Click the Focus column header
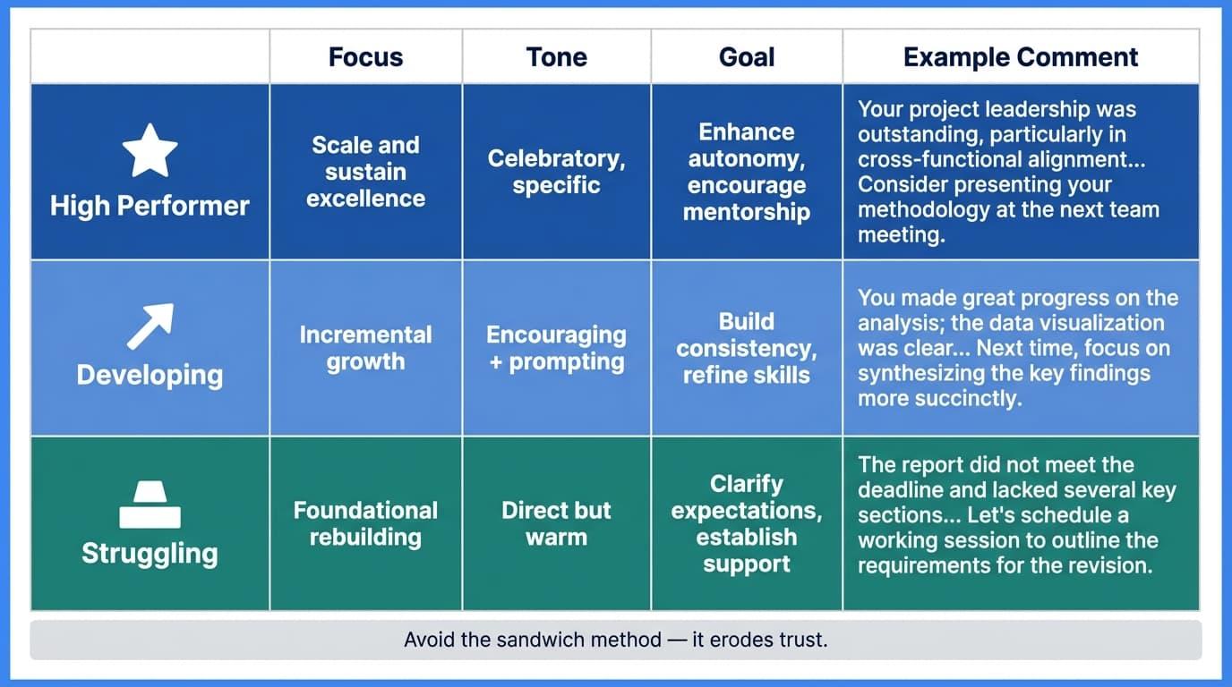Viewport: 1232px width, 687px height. coord(365,57)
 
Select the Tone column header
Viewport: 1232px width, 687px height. coord(556,57)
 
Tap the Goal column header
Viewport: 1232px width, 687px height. coord(746,57)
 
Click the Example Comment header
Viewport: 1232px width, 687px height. coord(1021,57)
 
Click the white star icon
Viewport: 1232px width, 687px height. coord(150,150)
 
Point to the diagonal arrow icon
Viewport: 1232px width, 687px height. coord(150,326)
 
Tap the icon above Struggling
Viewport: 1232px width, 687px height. coord(150,505)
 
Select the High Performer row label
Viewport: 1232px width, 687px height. coord(150,206)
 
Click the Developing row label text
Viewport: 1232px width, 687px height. coord(150,374)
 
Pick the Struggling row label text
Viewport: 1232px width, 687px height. coord(150,553)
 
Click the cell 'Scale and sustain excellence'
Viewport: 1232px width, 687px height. coord(365,172)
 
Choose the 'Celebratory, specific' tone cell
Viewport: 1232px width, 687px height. coord(556,172)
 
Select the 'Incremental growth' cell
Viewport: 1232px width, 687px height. coord(365,348)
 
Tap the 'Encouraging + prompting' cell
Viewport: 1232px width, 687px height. coord(556,348)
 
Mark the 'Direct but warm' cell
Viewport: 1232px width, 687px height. coord(556,523)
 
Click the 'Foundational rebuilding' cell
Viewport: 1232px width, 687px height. coord(365,523)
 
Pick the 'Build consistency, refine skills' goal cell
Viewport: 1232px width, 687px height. coord(746,348)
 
